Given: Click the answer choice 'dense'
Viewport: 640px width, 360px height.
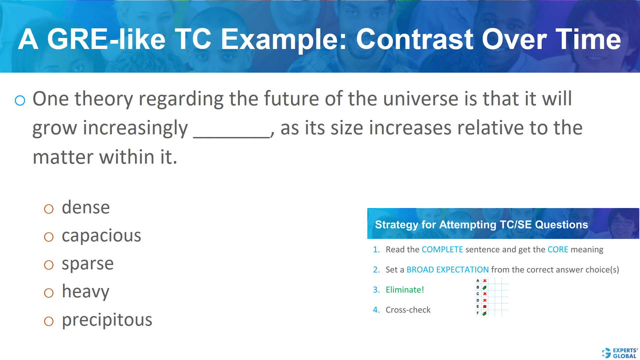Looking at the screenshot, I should (86, 208).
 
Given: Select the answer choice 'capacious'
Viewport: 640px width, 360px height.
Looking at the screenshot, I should (101, 236).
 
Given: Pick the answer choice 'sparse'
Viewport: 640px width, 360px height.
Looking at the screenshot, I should (88, 264).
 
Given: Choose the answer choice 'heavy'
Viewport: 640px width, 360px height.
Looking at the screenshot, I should (85, 292).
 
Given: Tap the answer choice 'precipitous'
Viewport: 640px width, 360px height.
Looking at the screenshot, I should (107, 320).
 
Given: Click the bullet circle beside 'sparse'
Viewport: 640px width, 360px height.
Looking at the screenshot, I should (49, 265).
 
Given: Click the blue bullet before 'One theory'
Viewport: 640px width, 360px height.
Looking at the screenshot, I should (20, 100).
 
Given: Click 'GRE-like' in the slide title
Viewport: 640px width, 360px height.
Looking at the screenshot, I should (106, 39).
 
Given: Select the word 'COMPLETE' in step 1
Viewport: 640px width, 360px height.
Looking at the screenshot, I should (442, 249).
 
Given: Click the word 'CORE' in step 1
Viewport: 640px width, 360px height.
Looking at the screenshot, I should (558, 249).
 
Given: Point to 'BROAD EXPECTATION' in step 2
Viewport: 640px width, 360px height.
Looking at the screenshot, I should (447, 269).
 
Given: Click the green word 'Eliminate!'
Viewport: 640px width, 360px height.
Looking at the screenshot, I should (405, 290).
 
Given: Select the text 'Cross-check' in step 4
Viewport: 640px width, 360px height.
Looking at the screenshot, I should (408, 310).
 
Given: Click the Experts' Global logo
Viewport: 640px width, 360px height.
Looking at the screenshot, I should (620, 353).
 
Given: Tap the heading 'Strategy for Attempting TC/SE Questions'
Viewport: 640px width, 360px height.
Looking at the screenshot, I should (481, 224).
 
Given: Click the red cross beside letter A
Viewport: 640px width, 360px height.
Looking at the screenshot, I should (485, 281).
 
